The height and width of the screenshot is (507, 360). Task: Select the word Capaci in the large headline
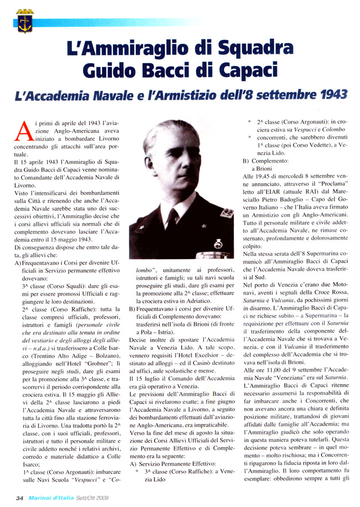pos(261,71)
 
